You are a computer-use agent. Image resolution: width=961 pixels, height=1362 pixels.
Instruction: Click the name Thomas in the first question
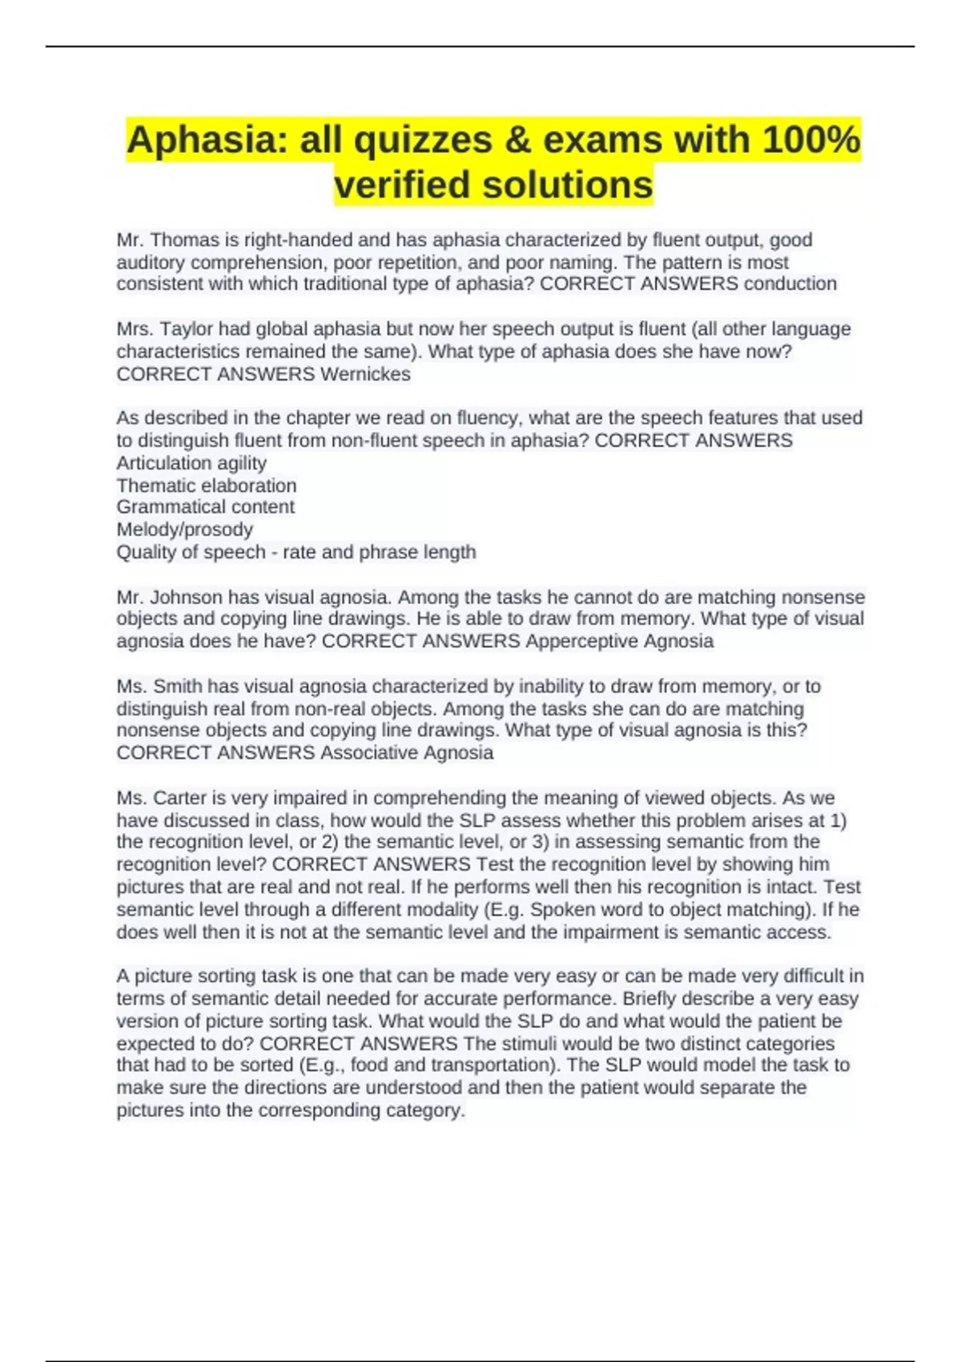pos(183,240)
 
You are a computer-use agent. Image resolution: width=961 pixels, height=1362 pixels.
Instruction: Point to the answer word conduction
pos(790,284)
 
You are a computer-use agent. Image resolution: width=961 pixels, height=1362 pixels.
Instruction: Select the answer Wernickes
pos(365,374)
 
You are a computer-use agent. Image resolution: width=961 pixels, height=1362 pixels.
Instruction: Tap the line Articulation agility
pos(191,463)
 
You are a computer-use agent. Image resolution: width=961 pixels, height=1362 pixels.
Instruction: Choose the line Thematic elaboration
pos(207,486)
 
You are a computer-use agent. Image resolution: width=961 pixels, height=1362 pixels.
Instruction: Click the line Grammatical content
pos(206,507)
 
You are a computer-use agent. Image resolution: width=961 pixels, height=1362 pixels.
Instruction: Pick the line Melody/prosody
pos(185,530)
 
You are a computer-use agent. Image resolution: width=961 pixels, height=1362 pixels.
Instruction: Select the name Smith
pos(179,686)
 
